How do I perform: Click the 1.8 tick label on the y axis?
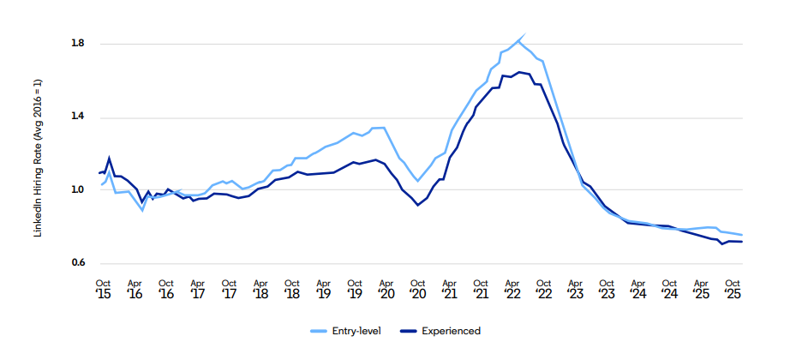coord(79,43)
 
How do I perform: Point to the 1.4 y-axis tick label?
coord(79,117)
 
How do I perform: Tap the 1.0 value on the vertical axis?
coord(79,190)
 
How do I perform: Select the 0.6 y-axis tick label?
coord(79,263)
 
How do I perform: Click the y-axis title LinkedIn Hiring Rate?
coord(38,159)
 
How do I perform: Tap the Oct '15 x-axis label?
coord(103,288)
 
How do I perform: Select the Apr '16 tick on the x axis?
coord(135,288)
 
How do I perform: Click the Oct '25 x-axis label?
coord(733,288)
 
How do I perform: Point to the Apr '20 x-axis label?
coord(386,288)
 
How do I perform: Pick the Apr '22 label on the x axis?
coord(512,288)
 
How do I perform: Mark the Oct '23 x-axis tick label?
coord(607,288)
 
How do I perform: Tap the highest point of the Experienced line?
coord(519,72)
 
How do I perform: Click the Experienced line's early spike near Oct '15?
coord(110,158)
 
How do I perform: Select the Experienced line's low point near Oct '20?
coord(417,205)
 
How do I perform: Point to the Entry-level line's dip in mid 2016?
coord(142,210)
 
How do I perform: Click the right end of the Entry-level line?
coord(742,235)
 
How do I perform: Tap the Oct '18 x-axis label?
coord(292,288)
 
